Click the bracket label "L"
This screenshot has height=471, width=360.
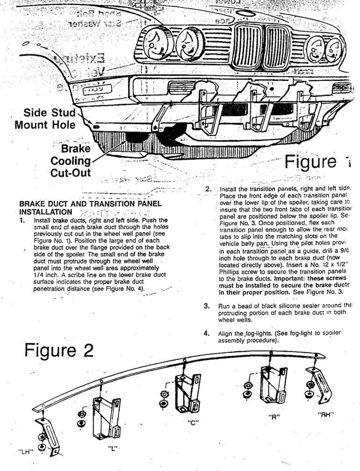tap(112, 448)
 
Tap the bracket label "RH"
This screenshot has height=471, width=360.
tap(325, 414)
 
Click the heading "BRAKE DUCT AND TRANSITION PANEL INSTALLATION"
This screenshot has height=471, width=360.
tap(90, 207)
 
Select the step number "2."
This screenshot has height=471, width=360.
tap(208, 189)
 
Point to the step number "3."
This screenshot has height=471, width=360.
tap(207, 306)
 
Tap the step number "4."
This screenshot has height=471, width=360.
tap(207, 334)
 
